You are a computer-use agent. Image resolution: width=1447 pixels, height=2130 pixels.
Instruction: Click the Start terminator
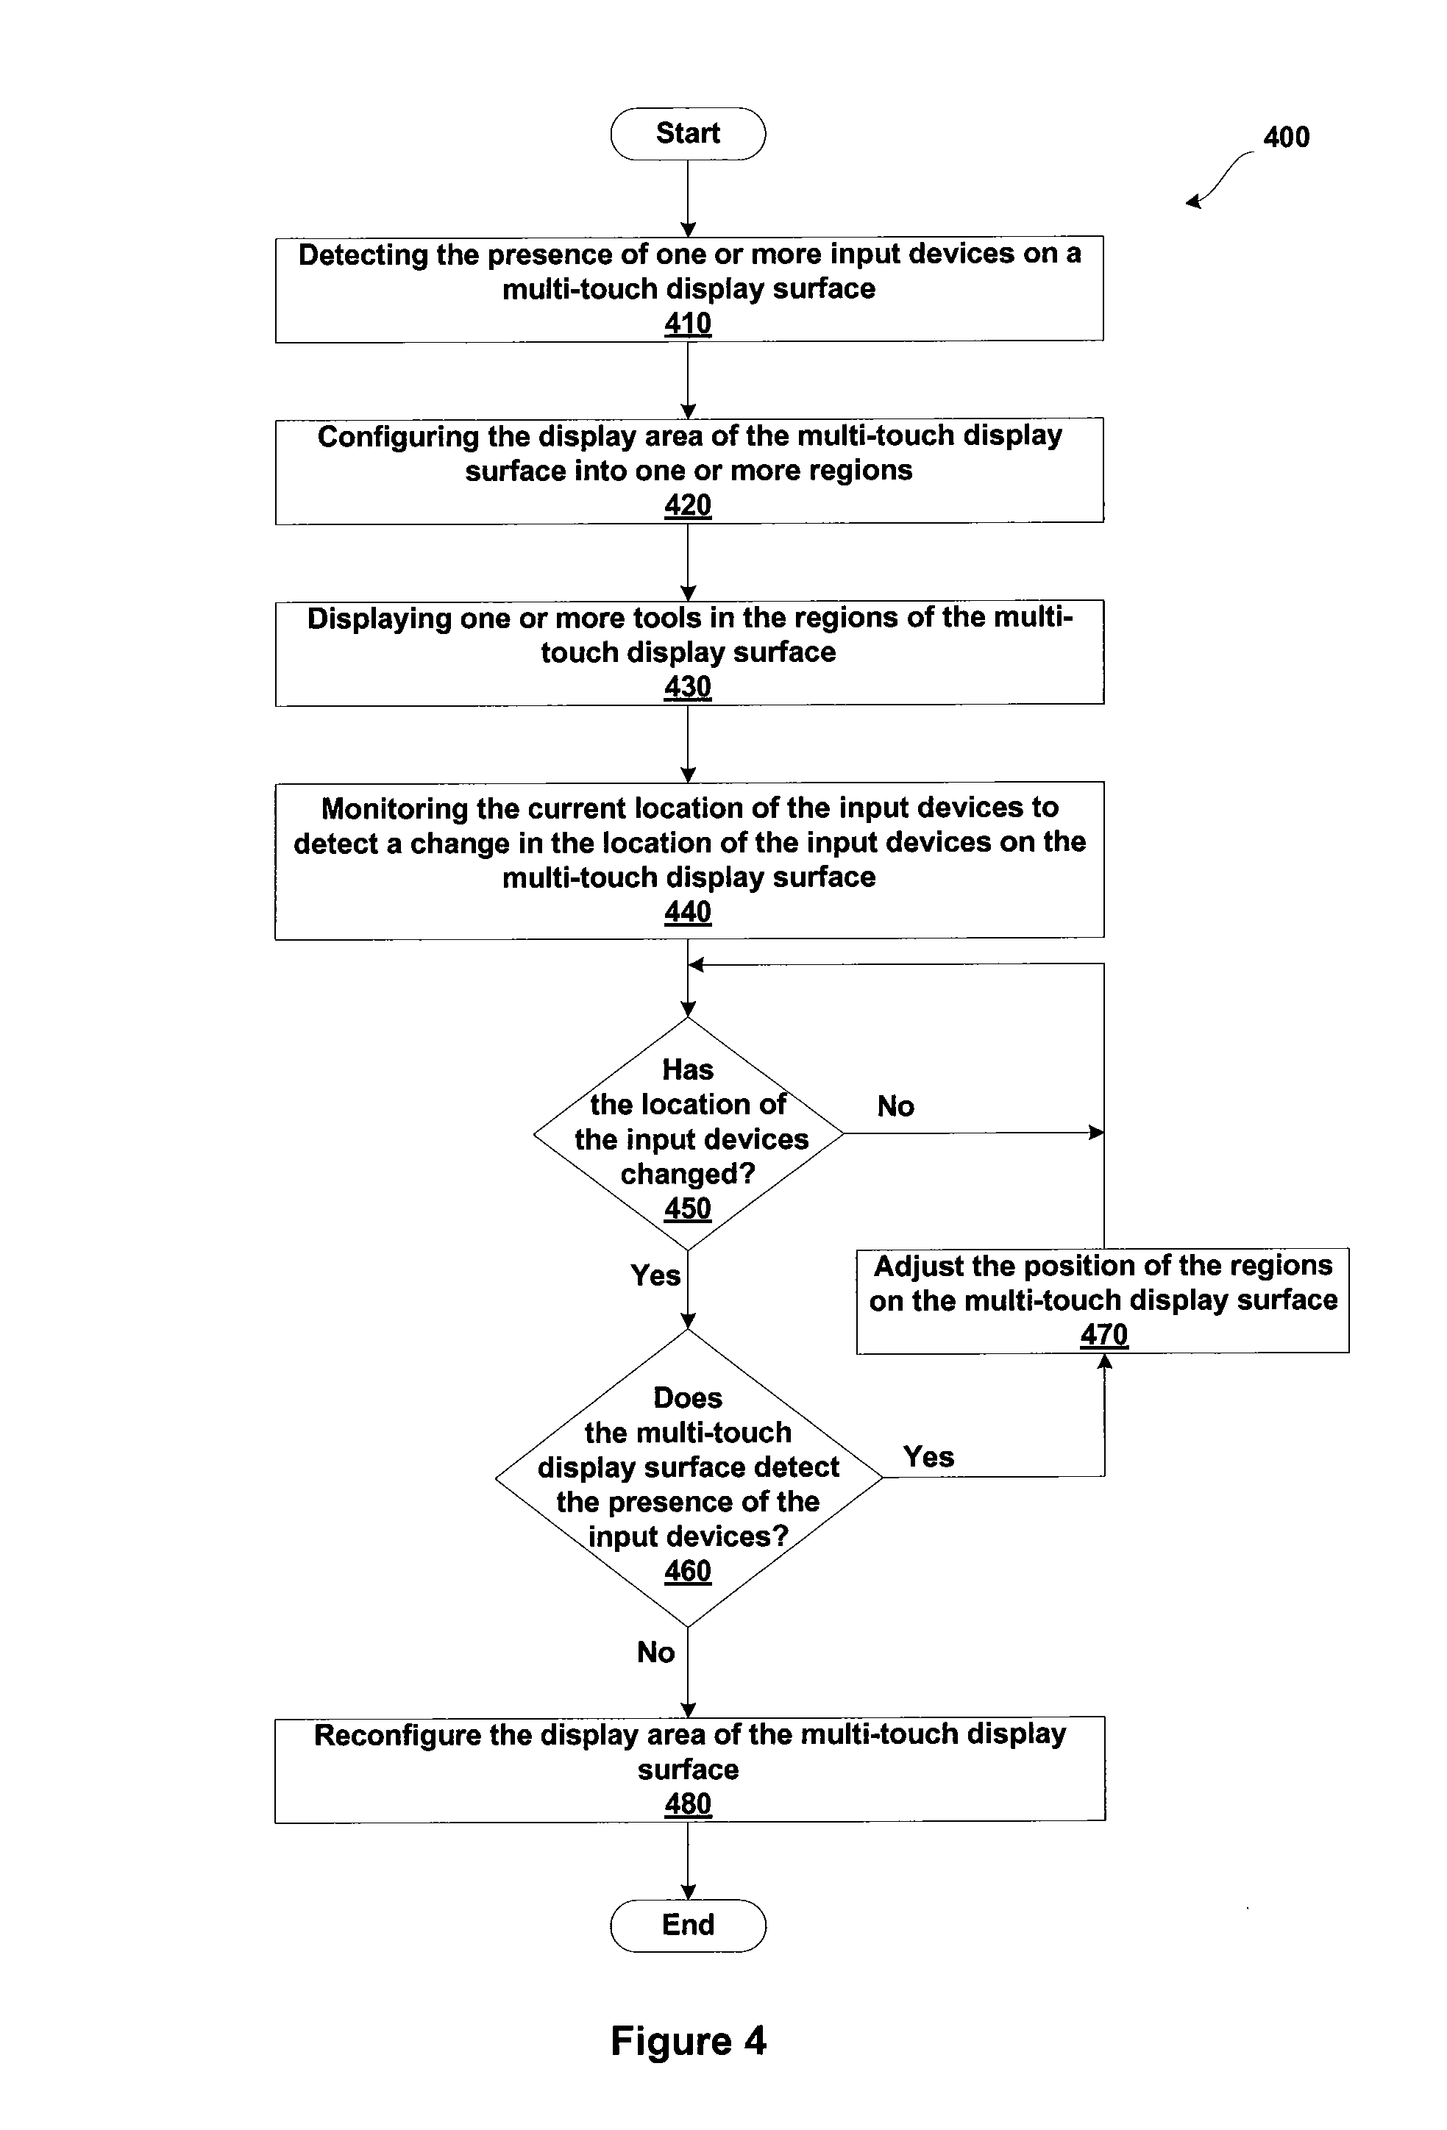688,134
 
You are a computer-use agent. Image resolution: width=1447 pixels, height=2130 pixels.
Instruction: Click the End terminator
688,1925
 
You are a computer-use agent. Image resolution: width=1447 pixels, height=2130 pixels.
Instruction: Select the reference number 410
688,324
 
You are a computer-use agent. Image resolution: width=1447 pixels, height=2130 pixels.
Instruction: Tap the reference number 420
688,505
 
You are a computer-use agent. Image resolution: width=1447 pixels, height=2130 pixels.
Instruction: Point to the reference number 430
688,686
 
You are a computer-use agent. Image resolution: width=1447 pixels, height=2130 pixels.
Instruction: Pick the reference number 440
688,912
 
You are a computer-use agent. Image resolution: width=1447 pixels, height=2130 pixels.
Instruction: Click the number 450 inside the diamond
688,1208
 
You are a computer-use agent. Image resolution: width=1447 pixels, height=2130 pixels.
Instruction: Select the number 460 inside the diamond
688,1571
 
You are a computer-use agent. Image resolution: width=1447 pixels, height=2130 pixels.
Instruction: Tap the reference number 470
1104,1334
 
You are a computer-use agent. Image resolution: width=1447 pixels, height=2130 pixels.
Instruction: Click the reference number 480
688,1803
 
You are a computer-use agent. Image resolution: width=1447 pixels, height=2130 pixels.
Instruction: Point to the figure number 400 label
1287,138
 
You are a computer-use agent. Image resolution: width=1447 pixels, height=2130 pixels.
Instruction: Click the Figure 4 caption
689,2041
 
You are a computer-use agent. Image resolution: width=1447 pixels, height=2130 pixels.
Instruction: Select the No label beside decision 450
896,1106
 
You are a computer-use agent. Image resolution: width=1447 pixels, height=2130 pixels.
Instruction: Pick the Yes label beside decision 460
929,1456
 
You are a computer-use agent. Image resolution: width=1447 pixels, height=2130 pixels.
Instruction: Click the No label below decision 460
655,1652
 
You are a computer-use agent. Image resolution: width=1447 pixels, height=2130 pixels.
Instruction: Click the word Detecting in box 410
364,254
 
